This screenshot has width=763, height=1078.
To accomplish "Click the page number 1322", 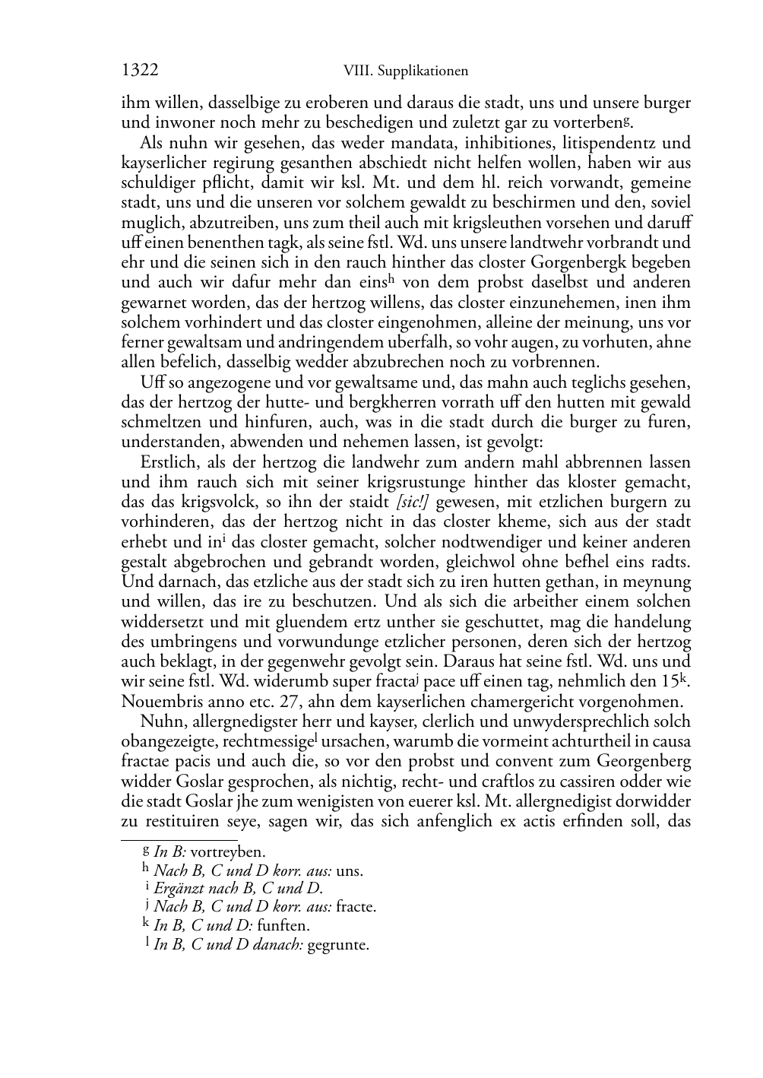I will [x=140, y=71].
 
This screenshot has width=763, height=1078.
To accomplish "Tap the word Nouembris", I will [x=157, y=701].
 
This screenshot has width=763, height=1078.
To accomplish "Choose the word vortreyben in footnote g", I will [x=228, y=852].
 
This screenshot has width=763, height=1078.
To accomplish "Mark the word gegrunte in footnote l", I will [x=337, y=945].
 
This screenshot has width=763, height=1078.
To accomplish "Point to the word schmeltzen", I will [x=159, y=422].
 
